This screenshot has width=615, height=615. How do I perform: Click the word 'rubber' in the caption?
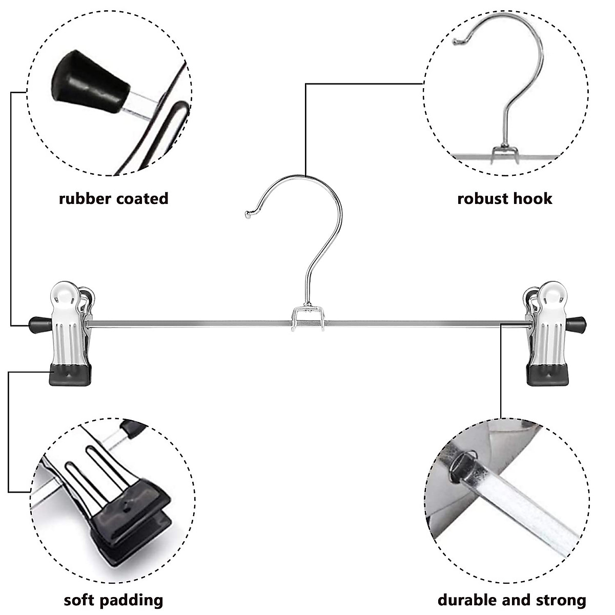[x=85, y=198]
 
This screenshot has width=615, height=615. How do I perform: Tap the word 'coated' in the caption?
[x=142, y=198]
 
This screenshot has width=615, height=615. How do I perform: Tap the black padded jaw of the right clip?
[x=547, y=375]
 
